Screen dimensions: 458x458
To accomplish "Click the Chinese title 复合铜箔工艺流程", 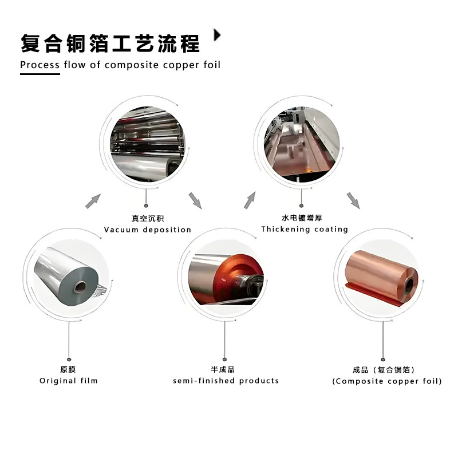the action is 110,44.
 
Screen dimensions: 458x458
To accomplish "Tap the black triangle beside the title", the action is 217,35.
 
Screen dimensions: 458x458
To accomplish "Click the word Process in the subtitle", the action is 40,65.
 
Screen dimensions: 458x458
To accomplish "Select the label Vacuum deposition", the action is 148,230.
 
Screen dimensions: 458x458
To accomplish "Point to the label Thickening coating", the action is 305,230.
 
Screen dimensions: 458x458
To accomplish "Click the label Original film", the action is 69,381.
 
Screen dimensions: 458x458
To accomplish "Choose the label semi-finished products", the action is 226,381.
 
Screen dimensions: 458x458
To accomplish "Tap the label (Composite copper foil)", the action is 387,381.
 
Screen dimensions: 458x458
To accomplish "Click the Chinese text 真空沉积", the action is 148,218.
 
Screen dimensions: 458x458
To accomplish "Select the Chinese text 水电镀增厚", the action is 302,218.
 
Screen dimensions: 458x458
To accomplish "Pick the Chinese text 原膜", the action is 68,369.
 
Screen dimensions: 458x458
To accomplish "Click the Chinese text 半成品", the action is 223,369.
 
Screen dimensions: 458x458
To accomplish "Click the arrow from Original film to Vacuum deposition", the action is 93,202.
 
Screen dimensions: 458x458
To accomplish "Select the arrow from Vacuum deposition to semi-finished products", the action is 195,201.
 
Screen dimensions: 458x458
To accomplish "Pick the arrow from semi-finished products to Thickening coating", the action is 250,200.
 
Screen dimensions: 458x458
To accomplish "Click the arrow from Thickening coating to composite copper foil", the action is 353,201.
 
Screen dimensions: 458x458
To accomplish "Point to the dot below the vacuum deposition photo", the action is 146,206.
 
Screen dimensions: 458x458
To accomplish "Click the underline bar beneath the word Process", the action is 40,74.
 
